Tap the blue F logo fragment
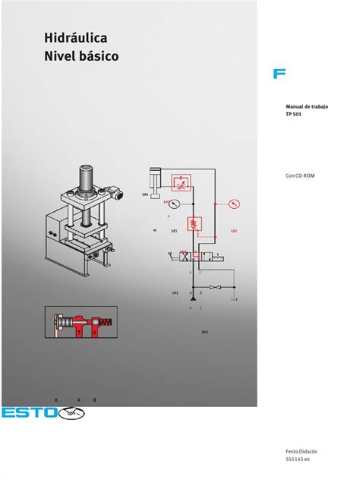[x=279, y=74]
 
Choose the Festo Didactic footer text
[x=301, y=452]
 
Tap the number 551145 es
[x=298, y=459]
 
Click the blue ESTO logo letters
[x=29, y=413]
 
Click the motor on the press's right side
[x=116, y=192]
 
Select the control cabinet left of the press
[x=54, y=228]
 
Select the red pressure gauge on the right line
[x=234, y=204]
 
